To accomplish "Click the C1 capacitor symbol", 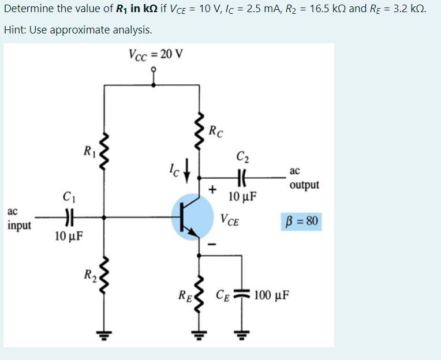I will (70, 218).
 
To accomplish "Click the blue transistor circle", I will (193, 218).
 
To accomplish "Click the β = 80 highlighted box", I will (302, 222).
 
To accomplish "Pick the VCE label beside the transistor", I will (230, 220).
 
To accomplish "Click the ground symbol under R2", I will (104, 333).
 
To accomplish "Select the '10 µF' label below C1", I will (69, 236).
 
